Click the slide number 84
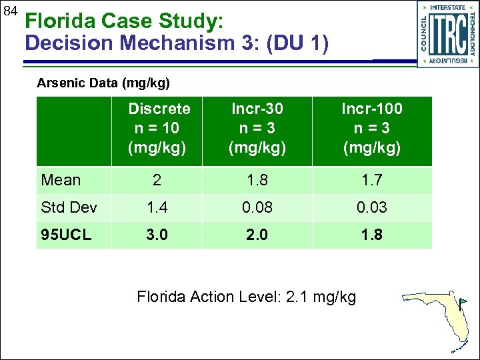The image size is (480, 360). click(x=9, y=11)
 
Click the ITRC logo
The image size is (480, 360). click(x=448, y=34)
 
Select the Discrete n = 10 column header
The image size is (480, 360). click(x=159, y=128)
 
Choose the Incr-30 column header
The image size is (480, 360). click(x=257, y=128)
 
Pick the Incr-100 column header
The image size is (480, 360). click(x=372, y=128)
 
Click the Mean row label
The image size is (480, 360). click(x=61, y=180)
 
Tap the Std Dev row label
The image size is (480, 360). click(x=69, y=207)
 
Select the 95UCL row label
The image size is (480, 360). click(x=67, y=235)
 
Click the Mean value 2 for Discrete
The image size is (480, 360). click(x=157, y=180)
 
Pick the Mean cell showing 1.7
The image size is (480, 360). click(x=372, y=180)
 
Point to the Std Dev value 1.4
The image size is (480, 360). click(x=157, y=207)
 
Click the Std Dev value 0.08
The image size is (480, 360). click(x=257, y=207)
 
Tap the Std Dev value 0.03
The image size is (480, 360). click(x=372, y=207)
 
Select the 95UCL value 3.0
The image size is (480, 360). click(x=157, y=235)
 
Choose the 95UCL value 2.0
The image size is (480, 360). click(x=257, y=235)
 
